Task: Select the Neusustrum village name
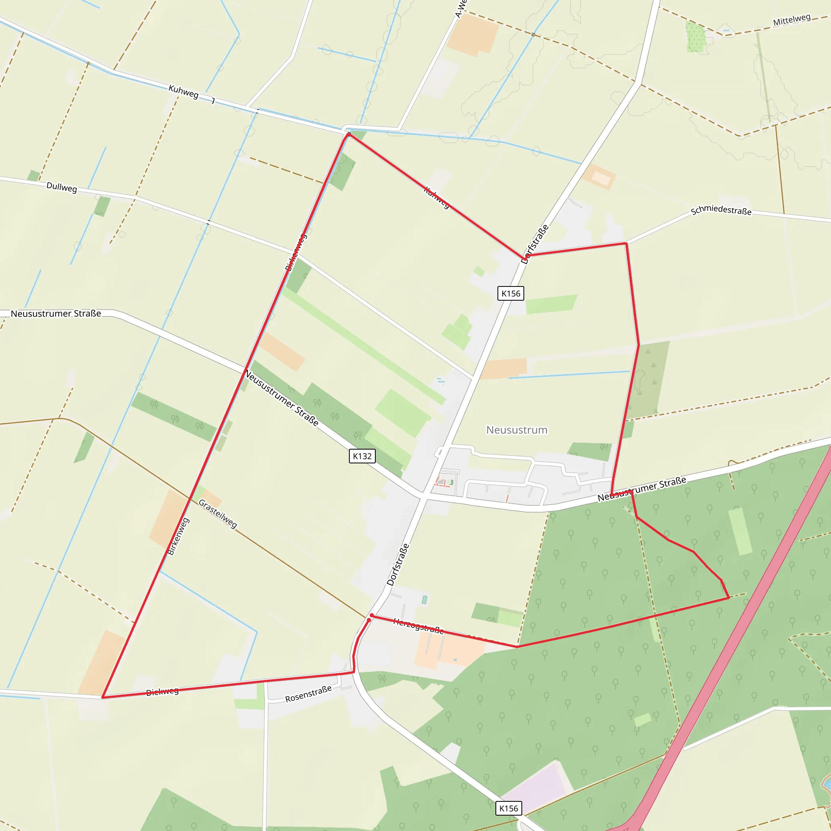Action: (517, 430)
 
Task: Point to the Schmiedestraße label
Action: (721, 210)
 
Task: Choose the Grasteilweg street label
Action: (217, 514)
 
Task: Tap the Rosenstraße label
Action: (308, 694)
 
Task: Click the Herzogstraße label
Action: (418, 626)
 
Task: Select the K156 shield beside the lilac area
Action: (508, 808)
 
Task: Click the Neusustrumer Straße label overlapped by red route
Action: (642, 489)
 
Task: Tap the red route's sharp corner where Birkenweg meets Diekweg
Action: (102, 697)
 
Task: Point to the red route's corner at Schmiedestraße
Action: (626, 243)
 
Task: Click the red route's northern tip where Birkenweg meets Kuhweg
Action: (348, 134)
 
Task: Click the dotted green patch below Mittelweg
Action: (695, 37)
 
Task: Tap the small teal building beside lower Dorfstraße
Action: (424, 600)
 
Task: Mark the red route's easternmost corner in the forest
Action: (729, 597)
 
